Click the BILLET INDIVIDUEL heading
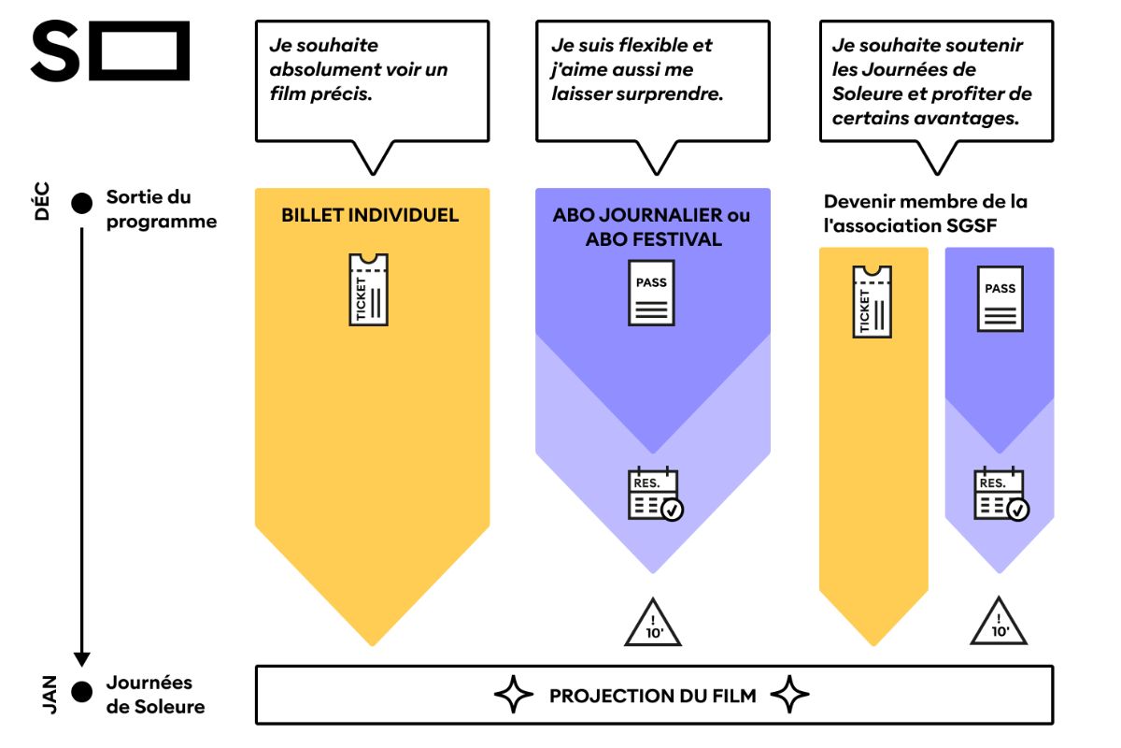click(371, 216)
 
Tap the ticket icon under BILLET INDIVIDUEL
click(368, 290)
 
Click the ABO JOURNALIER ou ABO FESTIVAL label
click(652, 227)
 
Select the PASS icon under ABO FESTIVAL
click(651, 293)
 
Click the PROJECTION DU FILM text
click(653, 696)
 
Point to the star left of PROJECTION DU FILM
click(512, 696)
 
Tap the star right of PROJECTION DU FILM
click(790, 696)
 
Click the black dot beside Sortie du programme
click(82, 203)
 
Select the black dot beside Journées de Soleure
click(82, 692)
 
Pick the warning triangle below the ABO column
click(652, 624)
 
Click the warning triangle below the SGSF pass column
click(999, 623)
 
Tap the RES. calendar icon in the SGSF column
click(1000, 495)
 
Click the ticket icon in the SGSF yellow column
click(872, 301)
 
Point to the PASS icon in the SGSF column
click(1000, 298)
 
